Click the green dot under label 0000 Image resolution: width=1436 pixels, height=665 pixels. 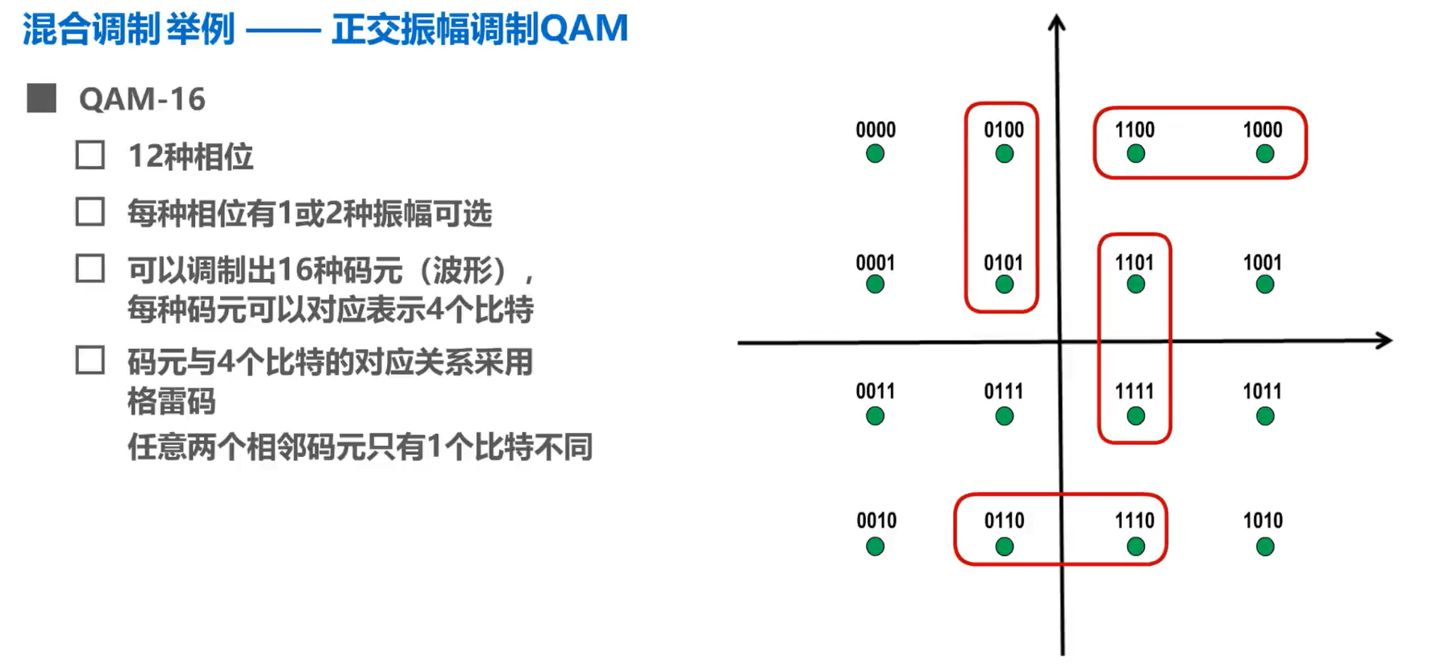[x=875, y=154]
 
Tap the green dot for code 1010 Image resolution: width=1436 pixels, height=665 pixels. [x=1265, y=547]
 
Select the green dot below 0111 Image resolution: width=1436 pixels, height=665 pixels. [x=1005, y=417]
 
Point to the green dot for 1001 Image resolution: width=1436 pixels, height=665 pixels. [x=1265, y=285]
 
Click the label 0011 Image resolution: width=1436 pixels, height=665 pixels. [x=876, y=392]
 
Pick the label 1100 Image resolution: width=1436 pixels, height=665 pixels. [x=1134, y=130]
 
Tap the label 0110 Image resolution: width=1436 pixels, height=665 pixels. [x=1004, y=521]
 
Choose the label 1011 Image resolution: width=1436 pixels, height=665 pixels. [x=1263, y=392]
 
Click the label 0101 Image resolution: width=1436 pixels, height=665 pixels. [x=1003, y=263]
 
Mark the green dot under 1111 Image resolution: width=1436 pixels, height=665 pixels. [x=1136, y=417]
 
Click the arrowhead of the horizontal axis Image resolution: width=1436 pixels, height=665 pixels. [x=1384, y=340]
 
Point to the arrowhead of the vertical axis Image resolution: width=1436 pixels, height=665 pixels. [x=1057, y=23]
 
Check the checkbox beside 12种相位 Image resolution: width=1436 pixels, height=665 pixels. [x=90, y=155]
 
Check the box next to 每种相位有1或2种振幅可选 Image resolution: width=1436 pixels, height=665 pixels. [x=90, y=212]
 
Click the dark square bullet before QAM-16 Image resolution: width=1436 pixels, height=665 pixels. [x=41, y=98]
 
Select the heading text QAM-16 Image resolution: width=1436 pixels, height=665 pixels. [x=142, y=99]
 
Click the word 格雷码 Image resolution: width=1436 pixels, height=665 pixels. [x=172, y=401]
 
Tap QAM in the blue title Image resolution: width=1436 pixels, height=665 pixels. [x=584, y=28]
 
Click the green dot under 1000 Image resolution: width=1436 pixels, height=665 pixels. [x=1265, y=154]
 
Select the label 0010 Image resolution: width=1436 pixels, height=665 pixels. [x=876, y=521]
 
